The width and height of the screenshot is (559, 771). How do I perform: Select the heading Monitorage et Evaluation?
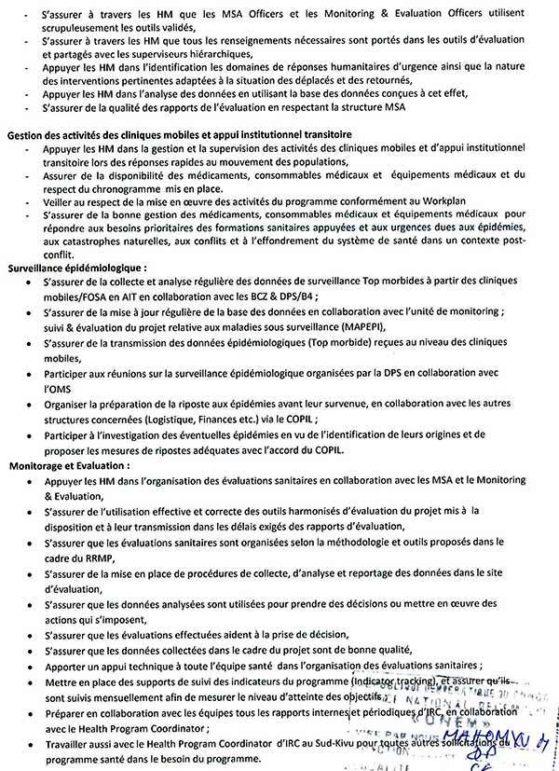(70, 463)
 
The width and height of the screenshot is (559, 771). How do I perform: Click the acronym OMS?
(59, 390)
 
